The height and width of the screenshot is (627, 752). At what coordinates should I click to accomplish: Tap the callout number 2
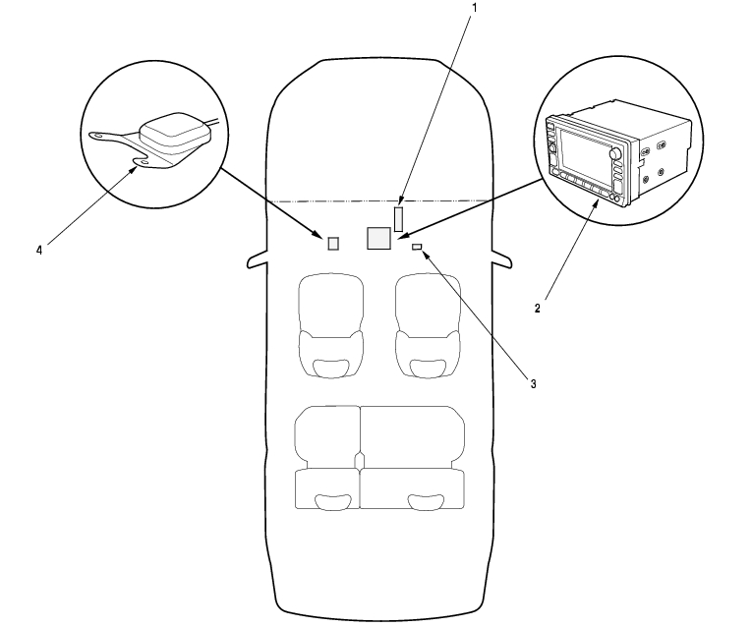click(537, 308)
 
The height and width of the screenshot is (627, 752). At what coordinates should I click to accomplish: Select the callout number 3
click(532, 383)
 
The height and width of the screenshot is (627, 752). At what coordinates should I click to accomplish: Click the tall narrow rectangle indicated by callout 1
click(399, 218)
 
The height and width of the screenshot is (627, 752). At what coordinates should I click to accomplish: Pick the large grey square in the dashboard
click(378, 238)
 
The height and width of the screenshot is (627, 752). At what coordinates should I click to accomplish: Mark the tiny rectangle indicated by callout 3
click(417, 246)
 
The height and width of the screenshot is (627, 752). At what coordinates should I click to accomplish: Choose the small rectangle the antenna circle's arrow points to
click(333, 243)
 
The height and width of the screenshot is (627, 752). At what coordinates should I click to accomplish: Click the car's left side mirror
click(257, 261)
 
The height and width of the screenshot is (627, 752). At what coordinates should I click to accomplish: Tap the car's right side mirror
click(501, 261)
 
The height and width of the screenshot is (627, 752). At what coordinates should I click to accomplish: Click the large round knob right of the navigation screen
click(615, 154)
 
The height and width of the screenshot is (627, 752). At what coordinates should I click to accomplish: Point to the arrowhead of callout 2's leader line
click(598, 202)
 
